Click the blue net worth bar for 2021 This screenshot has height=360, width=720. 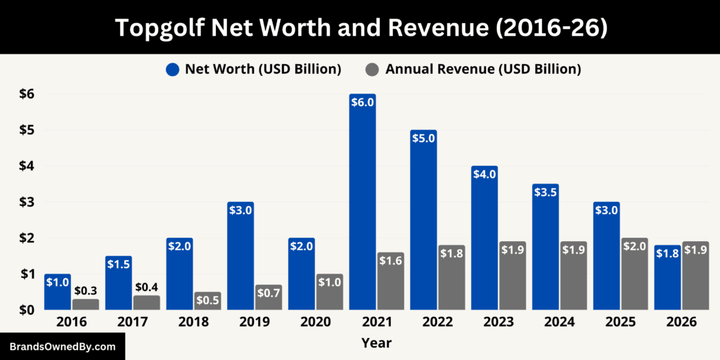(x=362, y=204)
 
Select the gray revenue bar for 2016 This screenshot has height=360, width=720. (x=86, y=304)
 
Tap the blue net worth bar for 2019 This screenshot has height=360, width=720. (x=240, y=257)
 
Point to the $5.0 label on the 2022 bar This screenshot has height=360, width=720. (x=423, y=139)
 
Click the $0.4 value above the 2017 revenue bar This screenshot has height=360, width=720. (x=147, y=287)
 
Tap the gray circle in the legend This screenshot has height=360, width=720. (x=373, y=69)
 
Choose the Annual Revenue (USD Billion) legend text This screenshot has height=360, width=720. (x=482, y=69)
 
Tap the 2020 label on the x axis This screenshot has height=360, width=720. (x=315, y=322)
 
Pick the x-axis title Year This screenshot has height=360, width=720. (x=376, y=343)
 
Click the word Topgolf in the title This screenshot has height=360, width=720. (x=162, y=27)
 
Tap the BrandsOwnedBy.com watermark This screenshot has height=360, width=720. (x=63, y=347)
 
